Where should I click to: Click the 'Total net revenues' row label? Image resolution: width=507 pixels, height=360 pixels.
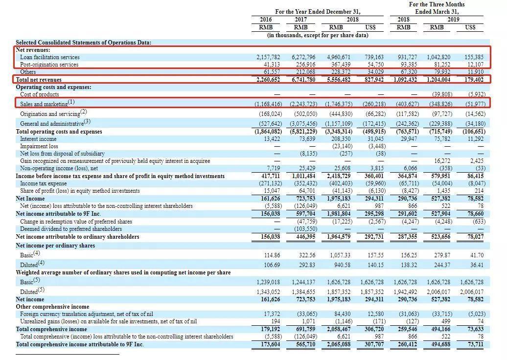[x=39, y=80]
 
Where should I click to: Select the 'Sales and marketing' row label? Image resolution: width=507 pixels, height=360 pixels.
[x=44, y=104]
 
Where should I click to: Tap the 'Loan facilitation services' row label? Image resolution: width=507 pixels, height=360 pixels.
[x=50, y=57]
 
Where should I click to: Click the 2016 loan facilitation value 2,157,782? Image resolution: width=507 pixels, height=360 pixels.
[x=268, y=57]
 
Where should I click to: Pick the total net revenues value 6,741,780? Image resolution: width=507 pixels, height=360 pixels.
[x=303, y=80]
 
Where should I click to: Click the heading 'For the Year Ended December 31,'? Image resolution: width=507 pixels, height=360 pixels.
[x=318, y=12]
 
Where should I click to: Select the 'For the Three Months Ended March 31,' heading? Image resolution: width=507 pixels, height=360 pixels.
[x=437, y=8]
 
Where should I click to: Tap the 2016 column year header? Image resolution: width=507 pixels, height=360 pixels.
[x=266, y=20]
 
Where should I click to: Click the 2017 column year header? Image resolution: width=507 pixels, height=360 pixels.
[x=300, y=20]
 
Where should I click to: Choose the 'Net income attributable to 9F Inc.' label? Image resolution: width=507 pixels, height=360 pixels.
[x=58, y=214]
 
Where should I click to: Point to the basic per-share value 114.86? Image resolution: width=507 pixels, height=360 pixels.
[x=272, y=255]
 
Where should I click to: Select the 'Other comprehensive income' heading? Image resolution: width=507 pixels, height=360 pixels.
[x=52, y=307]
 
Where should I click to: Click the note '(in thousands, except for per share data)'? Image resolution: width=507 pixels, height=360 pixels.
[x=318, y=35]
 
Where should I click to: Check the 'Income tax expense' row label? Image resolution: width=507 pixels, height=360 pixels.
[x=44, y=183]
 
